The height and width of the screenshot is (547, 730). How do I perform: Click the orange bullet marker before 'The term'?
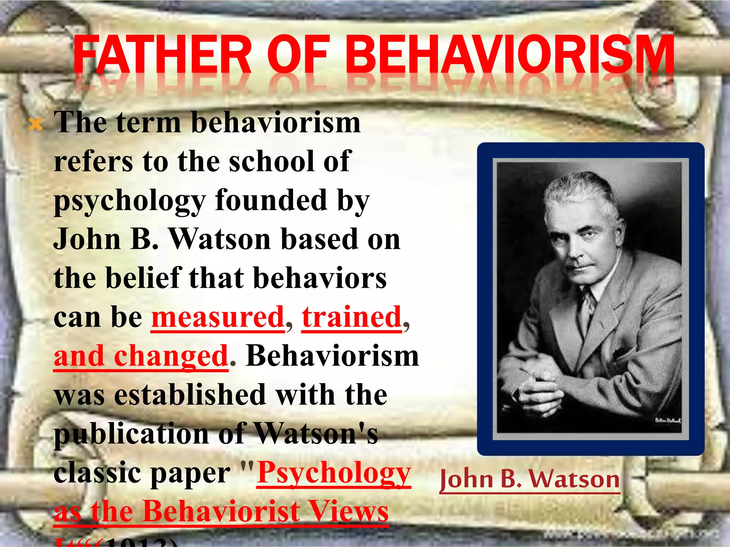click(x=36, y=125)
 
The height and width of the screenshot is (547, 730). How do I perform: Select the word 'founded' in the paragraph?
click(x=271, y=200)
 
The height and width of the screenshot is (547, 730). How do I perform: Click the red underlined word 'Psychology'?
click(x=334, y=473)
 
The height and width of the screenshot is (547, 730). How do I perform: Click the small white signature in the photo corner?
click(x=668, y=421)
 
